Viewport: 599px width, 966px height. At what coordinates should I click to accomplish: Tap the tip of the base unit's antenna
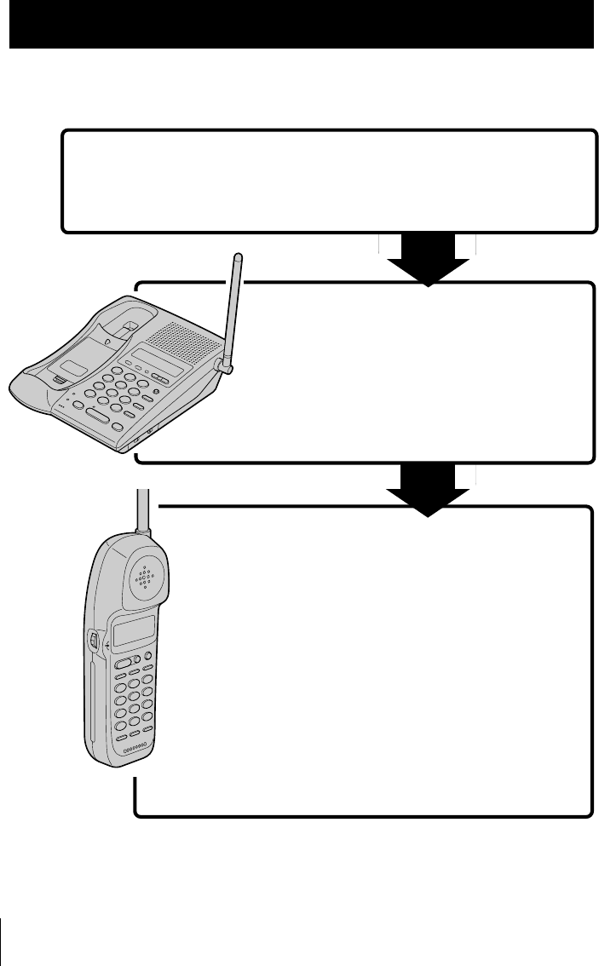click(238, 256)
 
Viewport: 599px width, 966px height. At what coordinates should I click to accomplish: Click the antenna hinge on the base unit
click(225, 366)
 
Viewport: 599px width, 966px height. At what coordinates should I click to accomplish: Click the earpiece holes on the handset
click(146, 577)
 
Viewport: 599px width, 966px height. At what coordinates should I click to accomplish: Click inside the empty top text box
click(328, 181)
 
